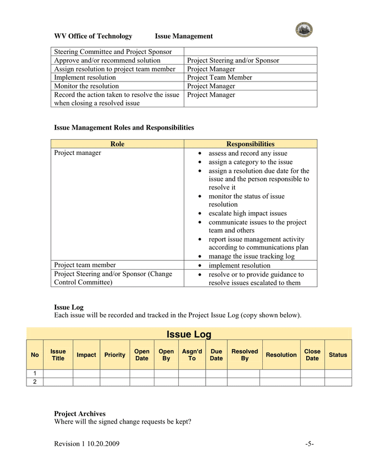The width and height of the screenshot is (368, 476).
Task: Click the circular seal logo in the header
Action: coord(303,30)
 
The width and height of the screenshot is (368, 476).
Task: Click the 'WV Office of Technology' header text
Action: coord(93,36)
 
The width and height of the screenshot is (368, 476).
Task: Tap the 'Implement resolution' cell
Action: coord(85,78)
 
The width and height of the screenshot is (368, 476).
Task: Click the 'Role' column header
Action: coord(117,144)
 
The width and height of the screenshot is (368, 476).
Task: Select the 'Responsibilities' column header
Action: coord(250,144)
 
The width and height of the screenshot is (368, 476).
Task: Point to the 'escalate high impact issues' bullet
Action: coord(247,214)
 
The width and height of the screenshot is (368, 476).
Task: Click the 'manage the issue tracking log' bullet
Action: coord(251,257)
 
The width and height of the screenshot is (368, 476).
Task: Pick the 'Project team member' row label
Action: coord(85,265)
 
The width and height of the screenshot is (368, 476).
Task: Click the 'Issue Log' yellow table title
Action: coord(189,334)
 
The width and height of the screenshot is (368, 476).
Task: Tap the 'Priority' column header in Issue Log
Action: coord(115,355)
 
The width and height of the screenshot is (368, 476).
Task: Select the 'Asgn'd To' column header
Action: coord(192,355)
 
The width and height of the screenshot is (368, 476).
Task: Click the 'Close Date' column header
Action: coord(312,355)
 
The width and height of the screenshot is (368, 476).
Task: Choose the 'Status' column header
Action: coord(338,355)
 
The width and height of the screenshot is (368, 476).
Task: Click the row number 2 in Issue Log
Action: coord(35,382)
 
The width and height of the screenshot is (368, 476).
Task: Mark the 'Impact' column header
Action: coord(86,355)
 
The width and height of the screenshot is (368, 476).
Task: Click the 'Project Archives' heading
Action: coord(79,414)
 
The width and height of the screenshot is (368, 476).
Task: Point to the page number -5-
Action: coord(309,444)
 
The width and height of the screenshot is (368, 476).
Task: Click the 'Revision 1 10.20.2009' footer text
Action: coord(87,444)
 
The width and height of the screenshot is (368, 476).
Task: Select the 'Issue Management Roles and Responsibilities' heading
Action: coord(124,127)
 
